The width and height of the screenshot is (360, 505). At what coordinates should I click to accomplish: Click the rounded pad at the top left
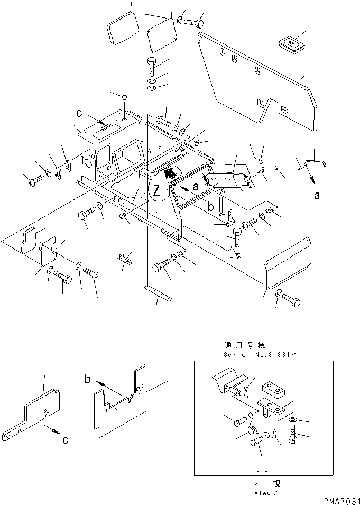123,30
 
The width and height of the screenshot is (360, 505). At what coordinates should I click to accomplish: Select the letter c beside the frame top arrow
79,112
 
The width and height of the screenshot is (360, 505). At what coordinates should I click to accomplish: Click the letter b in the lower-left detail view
88,379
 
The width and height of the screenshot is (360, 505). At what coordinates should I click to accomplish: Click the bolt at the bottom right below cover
292,302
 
